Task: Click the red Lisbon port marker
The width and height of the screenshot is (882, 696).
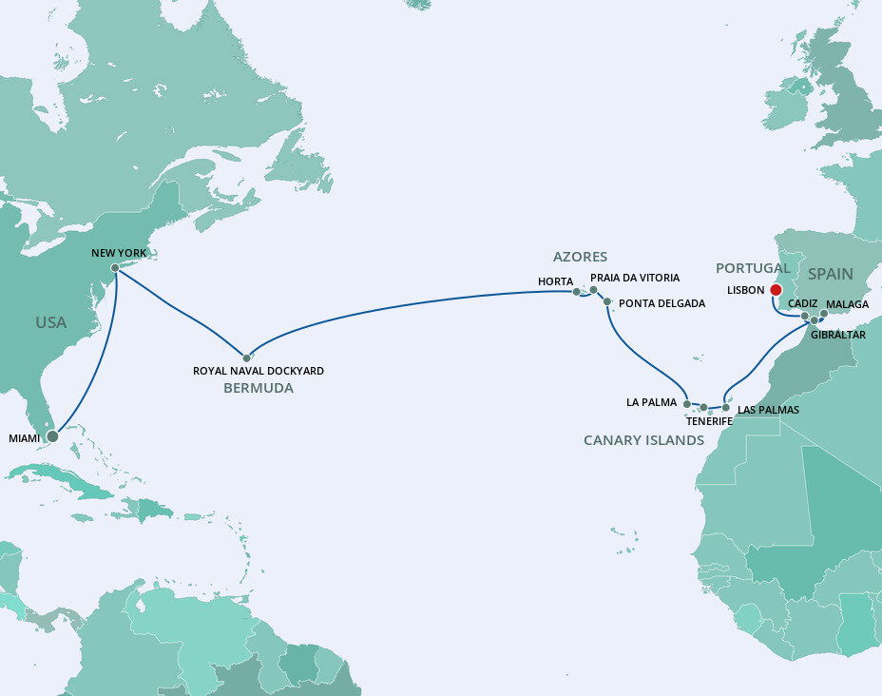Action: pyautogui.click(x=776, y=290)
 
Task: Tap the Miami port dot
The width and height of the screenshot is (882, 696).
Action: pyautogui.click(x=52, y=436)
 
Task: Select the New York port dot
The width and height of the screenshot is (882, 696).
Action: pyautogui.click(x=115, y=268)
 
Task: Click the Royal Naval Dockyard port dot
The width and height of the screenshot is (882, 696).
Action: pyautogui.click(x=246, y=358)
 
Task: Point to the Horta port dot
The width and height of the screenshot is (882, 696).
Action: pyautogui.click(x=576, y=292)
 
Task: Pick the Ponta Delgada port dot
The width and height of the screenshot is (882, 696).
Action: pyautogui.click(x=606, y=301)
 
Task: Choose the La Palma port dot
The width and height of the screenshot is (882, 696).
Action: pyautogui.click(x=686, y=404)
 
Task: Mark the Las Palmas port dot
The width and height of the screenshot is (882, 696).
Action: pyautogui.click(x=725, y=407)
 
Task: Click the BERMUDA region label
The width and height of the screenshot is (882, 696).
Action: pyautogui.click(x=259, y=389)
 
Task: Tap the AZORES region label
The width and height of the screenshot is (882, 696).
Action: pyautogui.click(x=581, y=257)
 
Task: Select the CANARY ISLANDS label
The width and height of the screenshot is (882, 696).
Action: pyautogui.click(x=643, y=440)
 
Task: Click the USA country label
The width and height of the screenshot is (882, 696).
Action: pyautogui.click(x=51, y=322)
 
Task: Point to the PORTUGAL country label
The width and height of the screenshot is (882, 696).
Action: pyautogui.click(x=753, y=268)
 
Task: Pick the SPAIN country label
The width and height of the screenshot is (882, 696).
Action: pyautogui.click(x=830, y=274)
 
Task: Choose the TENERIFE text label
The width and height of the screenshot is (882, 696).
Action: pyautogui.click(x=710, y=420)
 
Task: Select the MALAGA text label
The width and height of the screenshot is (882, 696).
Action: pyautogui.click(x=848, y=304)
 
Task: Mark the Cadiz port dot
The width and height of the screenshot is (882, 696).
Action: pyautogui.click(x=804, y=316)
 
